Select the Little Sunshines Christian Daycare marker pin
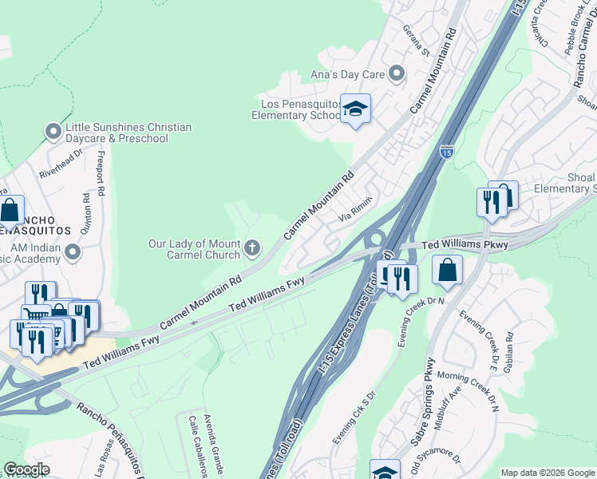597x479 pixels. [53, 130]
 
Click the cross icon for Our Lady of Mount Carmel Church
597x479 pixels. [252, 247]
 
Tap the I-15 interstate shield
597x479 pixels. [447, 150]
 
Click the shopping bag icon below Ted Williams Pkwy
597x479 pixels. [448, 271]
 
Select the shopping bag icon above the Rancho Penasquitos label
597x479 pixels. [10, 211]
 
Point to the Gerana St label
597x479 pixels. [417, 47]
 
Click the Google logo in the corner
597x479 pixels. [26, 469]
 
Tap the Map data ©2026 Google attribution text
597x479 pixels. [548, 473]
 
